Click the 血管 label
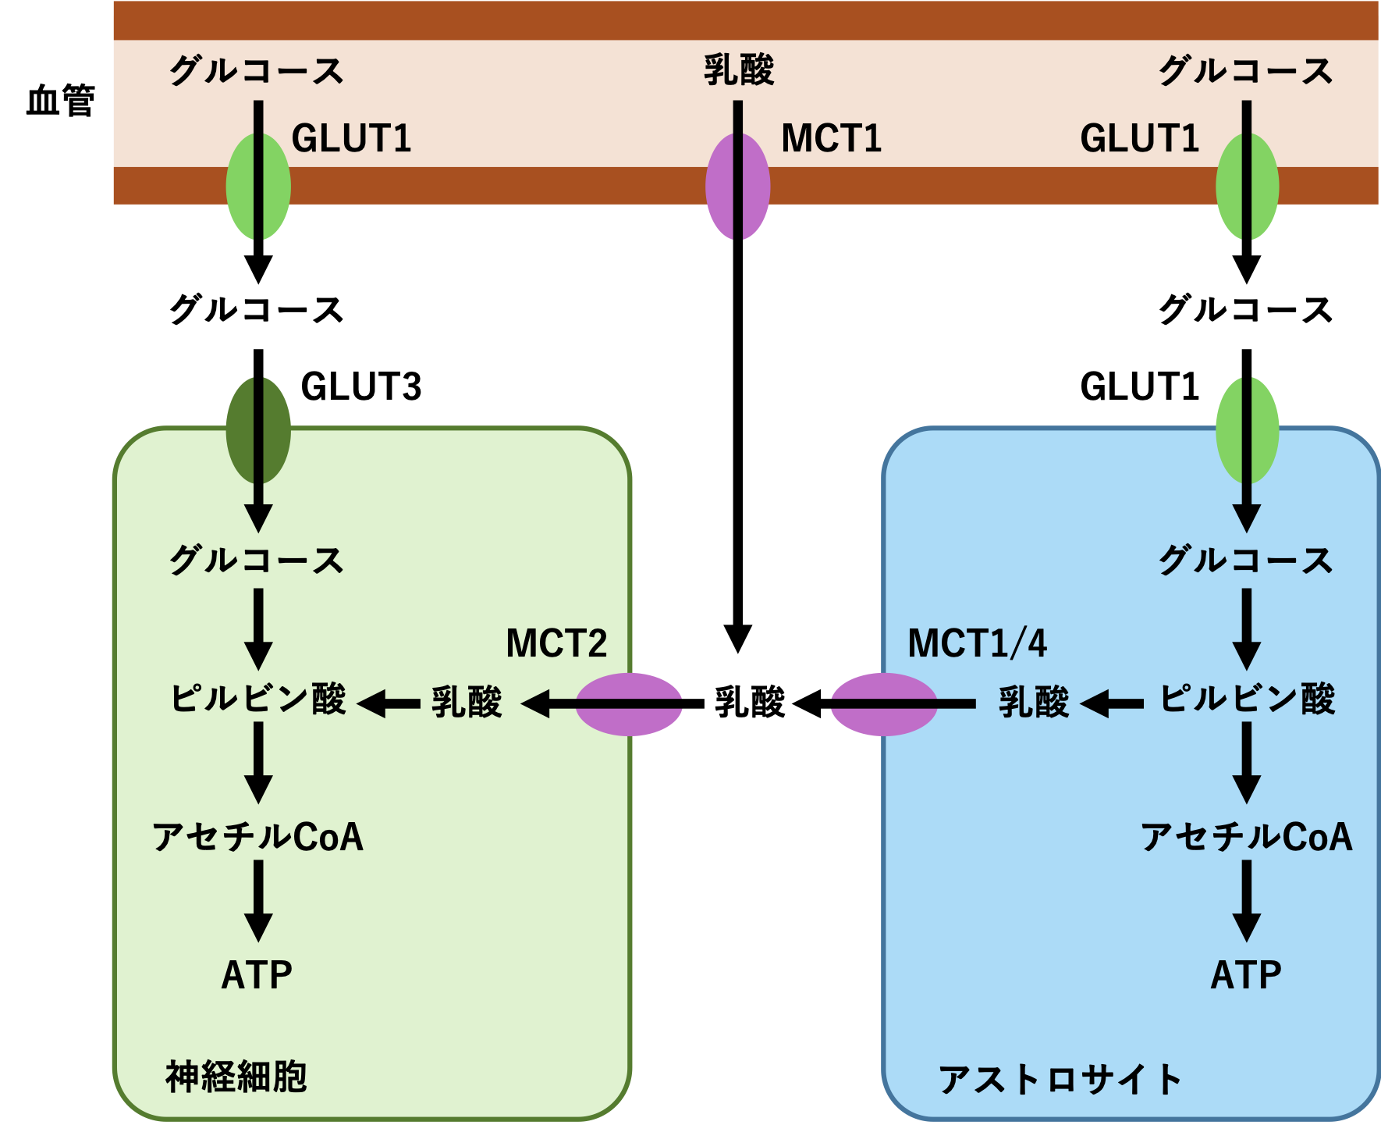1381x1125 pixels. pos(60,101)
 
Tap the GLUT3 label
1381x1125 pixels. pos(360,386)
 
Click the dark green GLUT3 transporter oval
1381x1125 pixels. pos(258,430)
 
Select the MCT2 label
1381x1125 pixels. pos(556,643)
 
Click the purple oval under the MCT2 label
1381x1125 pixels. pos(629,704)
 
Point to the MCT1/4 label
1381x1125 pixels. pos(977,643)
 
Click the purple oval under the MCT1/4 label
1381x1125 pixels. pos(883,704)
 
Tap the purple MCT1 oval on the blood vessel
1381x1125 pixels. pos(737,186)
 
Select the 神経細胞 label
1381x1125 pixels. pos(236,1077)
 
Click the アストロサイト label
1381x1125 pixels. pos(1060,1080)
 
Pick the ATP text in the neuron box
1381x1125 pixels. pos(257,975)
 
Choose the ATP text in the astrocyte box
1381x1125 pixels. pos(1246,975)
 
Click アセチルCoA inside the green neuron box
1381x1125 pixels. pos(257,837)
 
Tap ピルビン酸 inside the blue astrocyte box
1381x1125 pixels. pos(1247,699)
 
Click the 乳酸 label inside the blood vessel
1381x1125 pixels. pos(738,70)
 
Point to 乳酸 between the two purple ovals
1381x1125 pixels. pos(750,702)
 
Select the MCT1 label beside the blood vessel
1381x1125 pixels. pos(831,139)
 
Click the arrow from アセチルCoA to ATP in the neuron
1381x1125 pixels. pos(258,900)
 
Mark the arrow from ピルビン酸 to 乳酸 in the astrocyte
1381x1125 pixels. pos(1113,703)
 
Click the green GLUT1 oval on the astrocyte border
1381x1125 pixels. pos(1247,430)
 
